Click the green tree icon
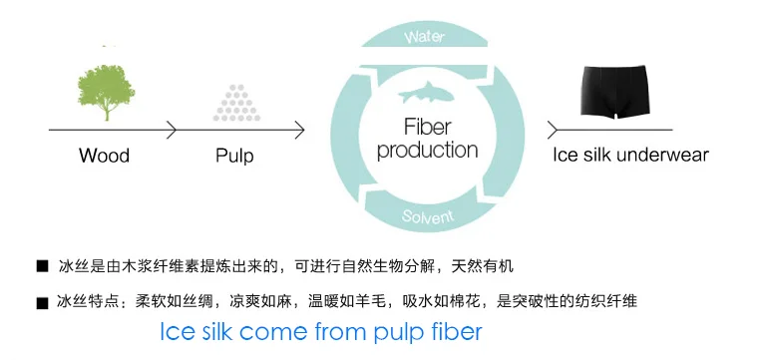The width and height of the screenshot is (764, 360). pos(106,93)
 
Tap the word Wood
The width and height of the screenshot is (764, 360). pos(105,156)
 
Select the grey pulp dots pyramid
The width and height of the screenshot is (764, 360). pos(236,103)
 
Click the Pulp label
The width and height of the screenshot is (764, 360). pos(234,157)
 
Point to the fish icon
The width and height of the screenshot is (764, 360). pos(426,93)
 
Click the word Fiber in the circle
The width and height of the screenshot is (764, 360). pos(428,127)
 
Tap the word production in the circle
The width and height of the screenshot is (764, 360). pos(427,151)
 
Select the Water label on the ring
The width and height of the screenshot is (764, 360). pos(425,37)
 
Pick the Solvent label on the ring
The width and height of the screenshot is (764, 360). pos(428,215)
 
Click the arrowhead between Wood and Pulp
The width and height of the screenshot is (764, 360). pos(172,130)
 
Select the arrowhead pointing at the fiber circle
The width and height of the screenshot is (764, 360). pos(299,130)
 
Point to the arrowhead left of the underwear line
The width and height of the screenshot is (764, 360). pos(552,130)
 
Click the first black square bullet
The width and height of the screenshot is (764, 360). pos(43,266)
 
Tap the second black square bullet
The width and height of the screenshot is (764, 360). pos(43,303)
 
